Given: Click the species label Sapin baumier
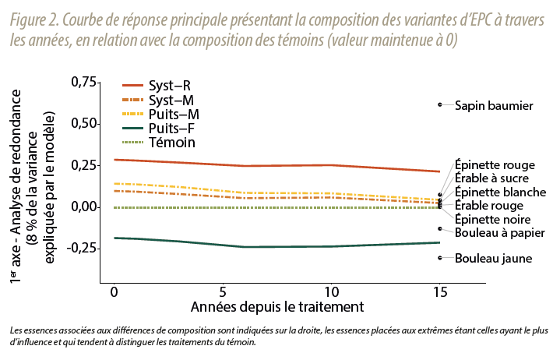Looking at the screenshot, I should click(x=494, y=105).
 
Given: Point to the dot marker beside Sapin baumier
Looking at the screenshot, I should click(x=440, y=104).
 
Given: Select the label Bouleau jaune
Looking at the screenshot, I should click(x=494, y=258).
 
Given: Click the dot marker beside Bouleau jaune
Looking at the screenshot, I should click(x=440, y=257).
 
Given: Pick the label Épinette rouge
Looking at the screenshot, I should click(x=495, y=165).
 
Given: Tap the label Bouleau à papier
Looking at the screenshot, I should click(x=499, y=233).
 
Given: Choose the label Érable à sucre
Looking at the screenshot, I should click(x=492, y=178).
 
